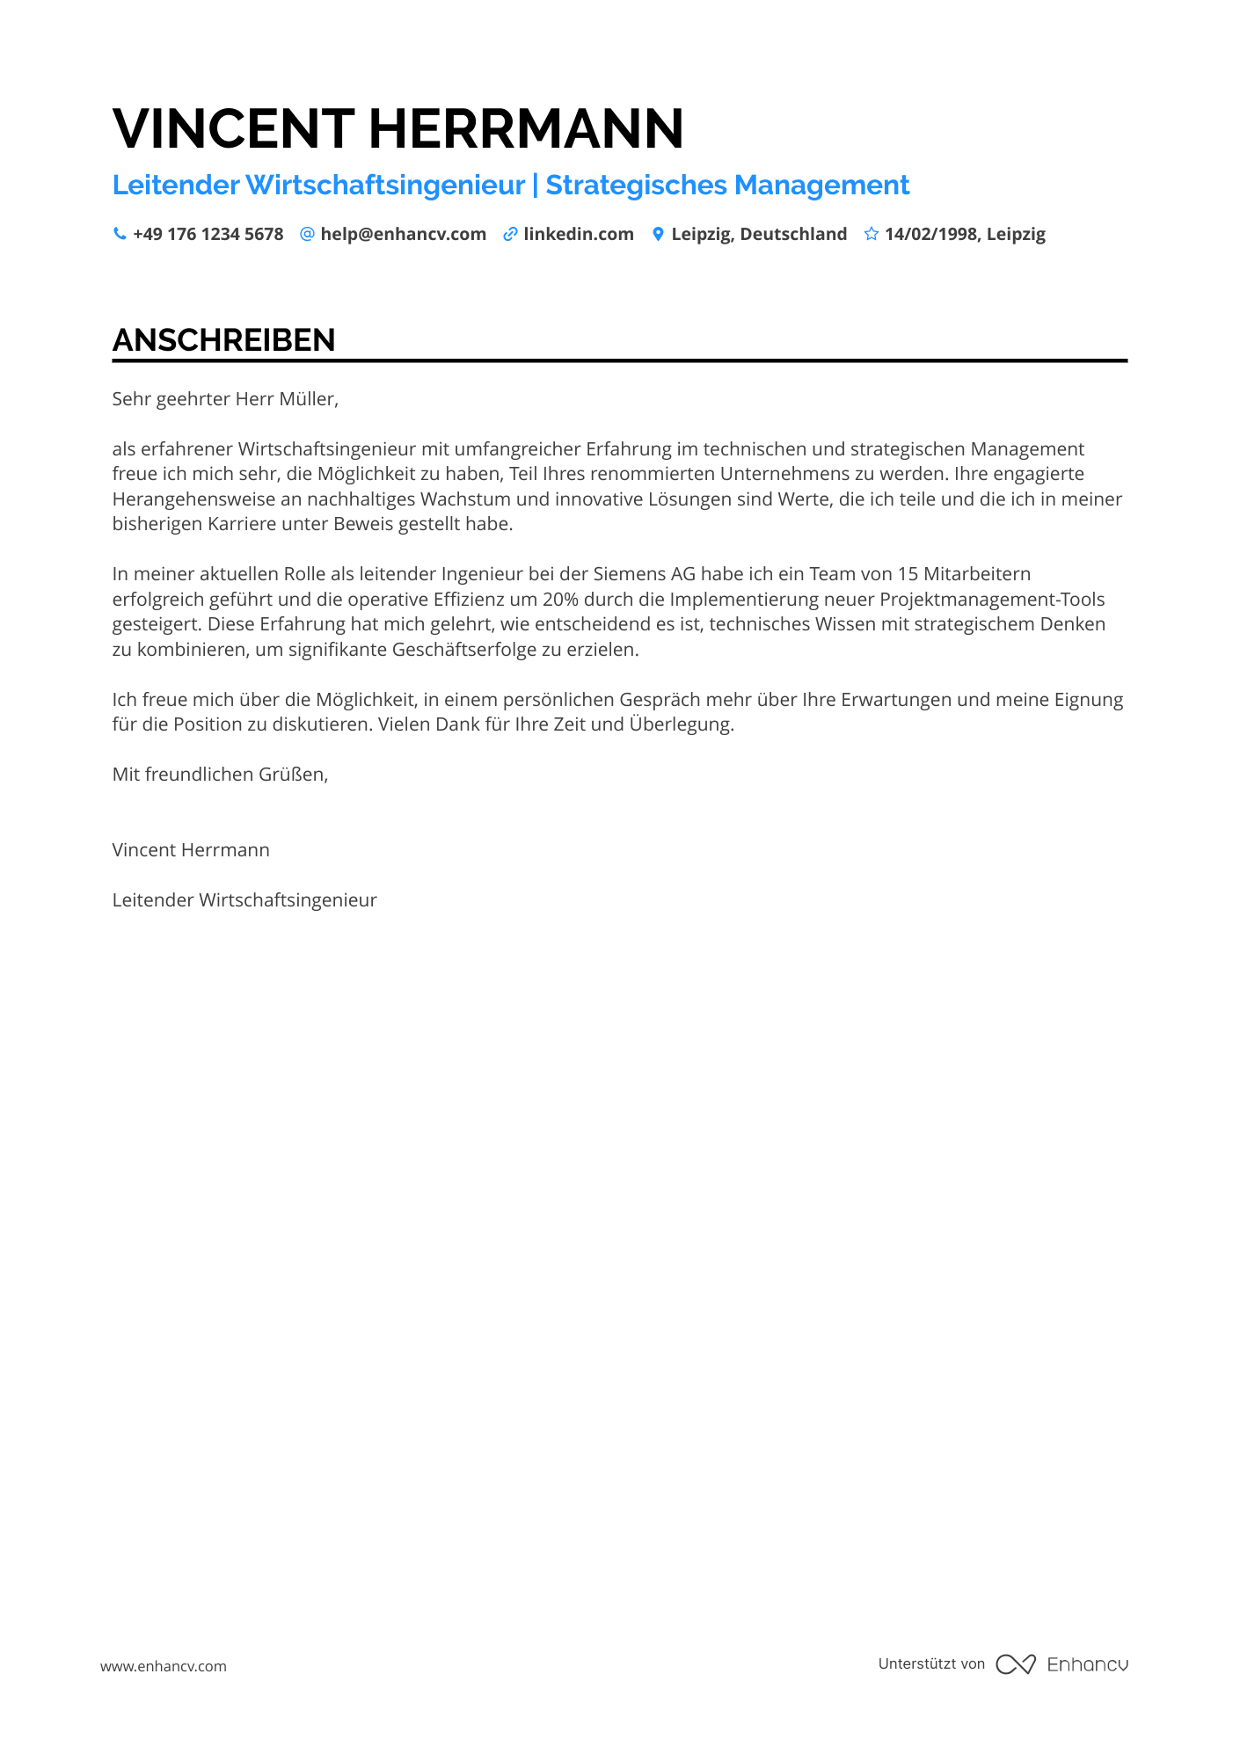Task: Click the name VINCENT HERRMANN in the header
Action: [398, 128]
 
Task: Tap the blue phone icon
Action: [120, 234]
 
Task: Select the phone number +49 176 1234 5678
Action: [208, 234]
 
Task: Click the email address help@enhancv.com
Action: [403, 234]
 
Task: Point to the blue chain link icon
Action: [510, 234]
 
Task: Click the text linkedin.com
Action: [578, 234]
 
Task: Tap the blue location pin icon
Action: [658, 234]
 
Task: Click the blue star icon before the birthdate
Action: [871, 234]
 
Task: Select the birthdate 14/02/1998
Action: [930, 234]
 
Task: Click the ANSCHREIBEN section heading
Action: [223, 340]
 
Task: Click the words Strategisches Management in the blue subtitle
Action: [727, 185]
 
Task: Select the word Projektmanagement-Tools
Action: [991, 600]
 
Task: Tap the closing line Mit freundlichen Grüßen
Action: [220, 775]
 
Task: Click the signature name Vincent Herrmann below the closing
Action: [191, 850]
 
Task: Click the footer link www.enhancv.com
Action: [164, 1666]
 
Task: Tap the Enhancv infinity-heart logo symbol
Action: [1015, 1664]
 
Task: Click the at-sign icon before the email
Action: [307, 234]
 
